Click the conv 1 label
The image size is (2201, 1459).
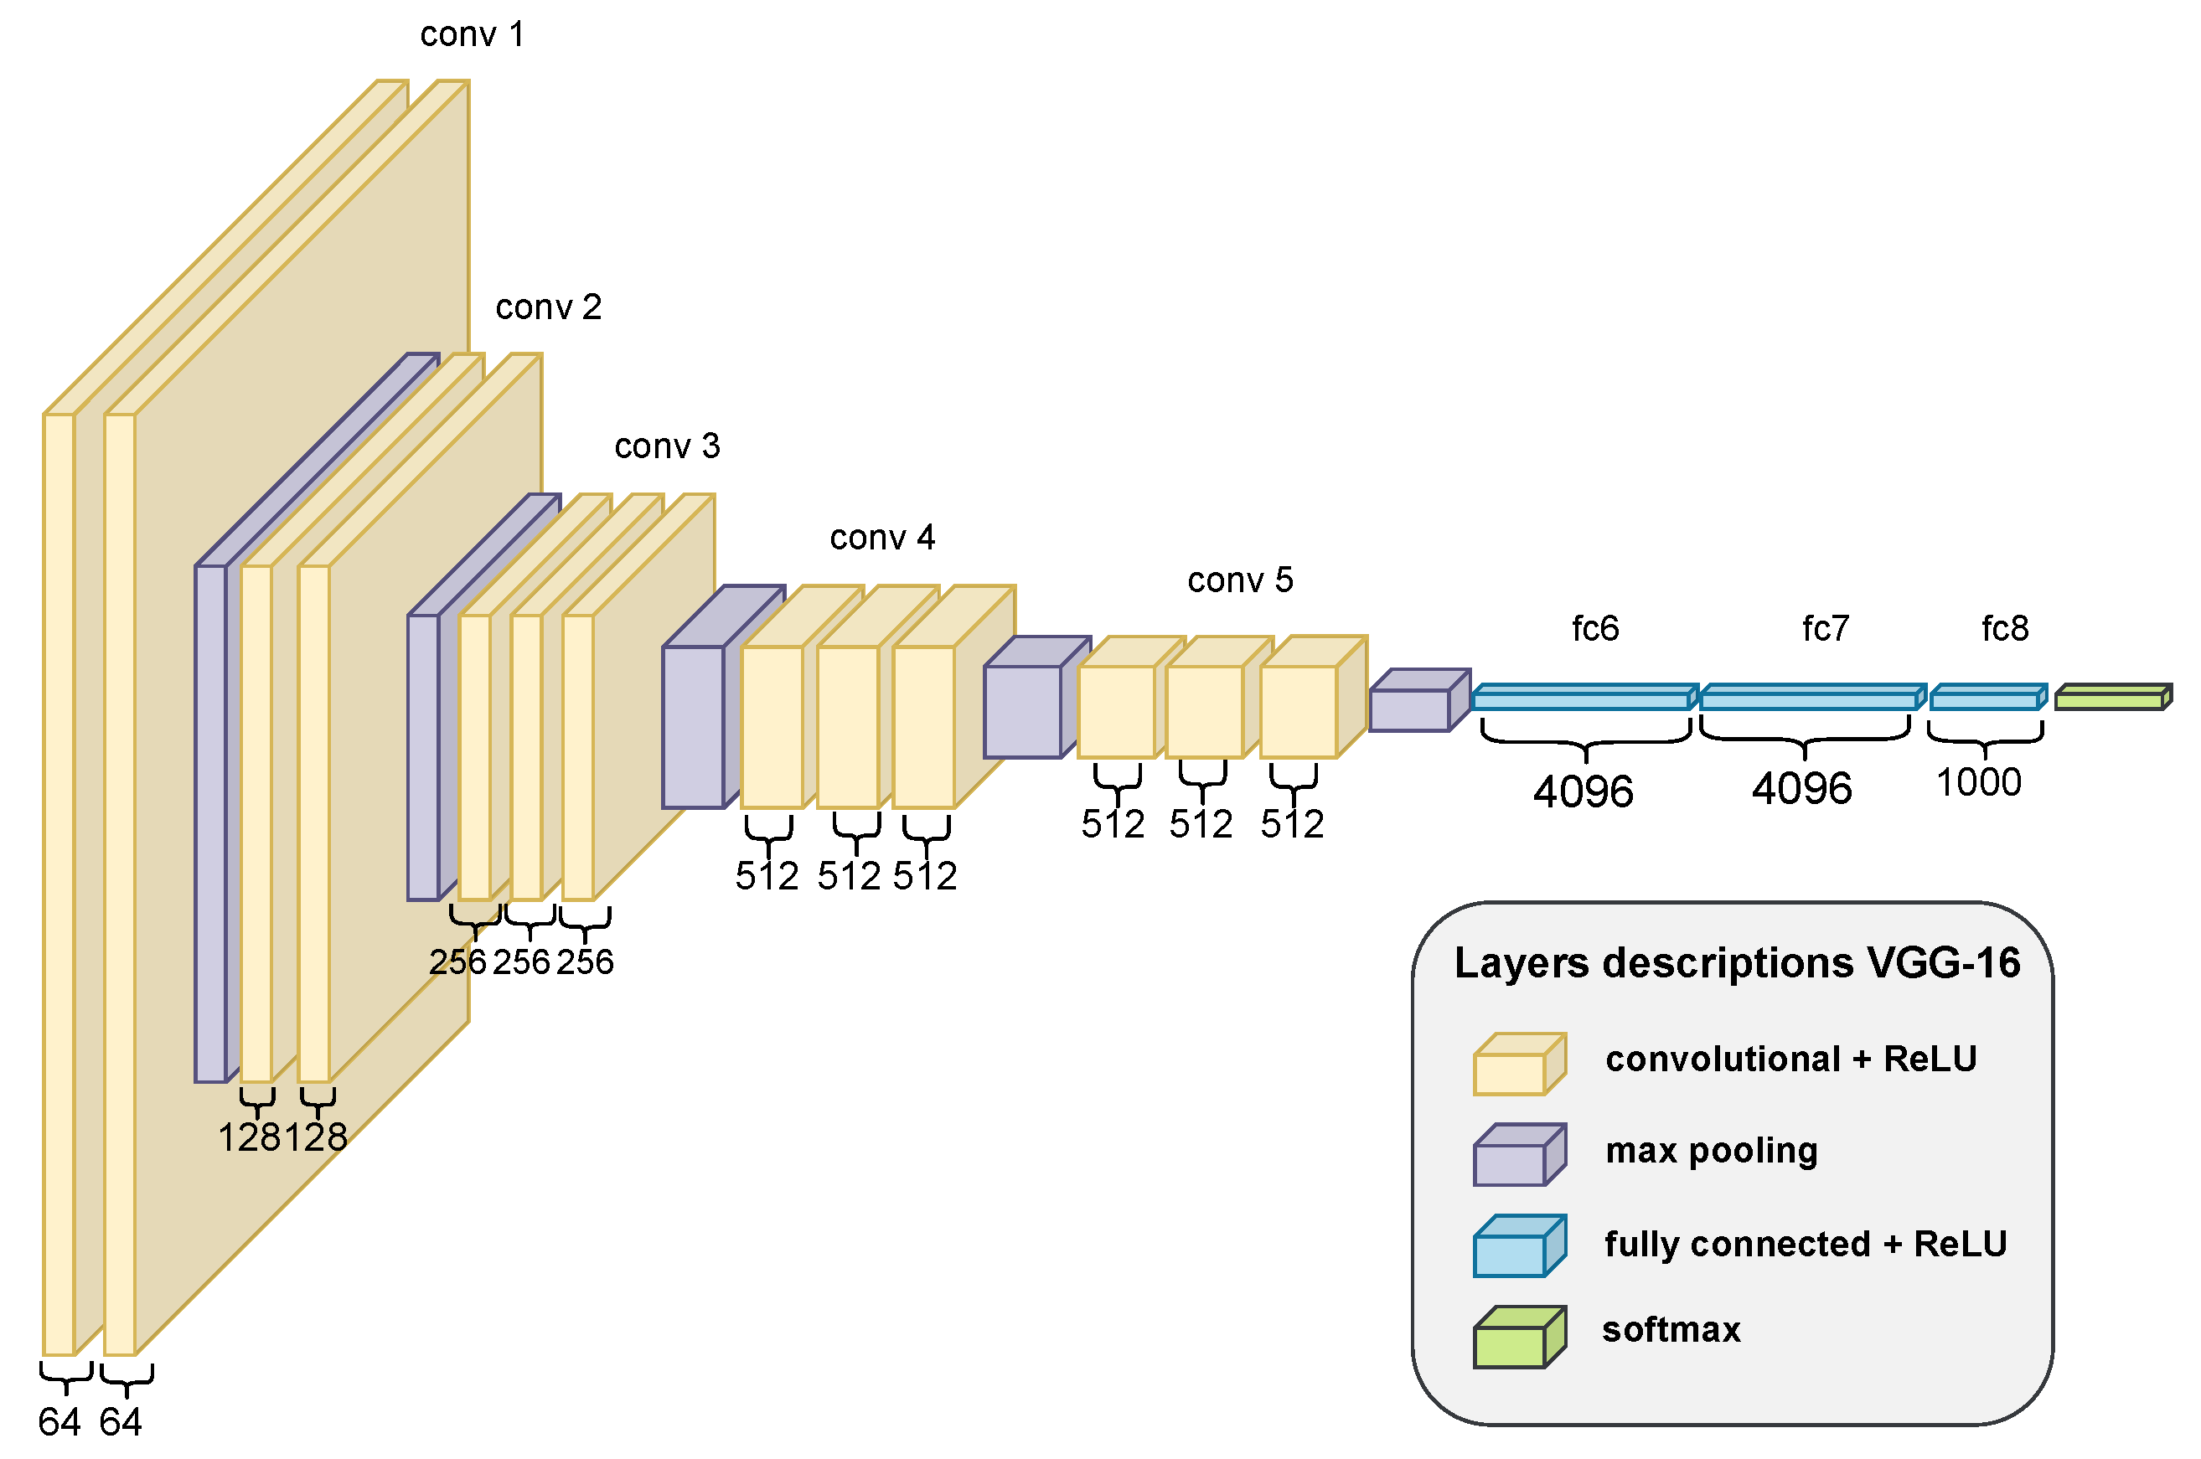click(472, 35)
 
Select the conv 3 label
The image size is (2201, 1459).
click(666, 446)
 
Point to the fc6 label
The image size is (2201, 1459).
click(1594, 629)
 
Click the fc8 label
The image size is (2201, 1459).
click(2004, 629)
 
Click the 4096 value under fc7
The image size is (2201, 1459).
click(1801, 789)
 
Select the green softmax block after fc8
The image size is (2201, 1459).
click(2111, 698)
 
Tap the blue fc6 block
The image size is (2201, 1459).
click(1582, 698)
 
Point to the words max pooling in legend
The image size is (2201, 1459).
click(1711, 1151)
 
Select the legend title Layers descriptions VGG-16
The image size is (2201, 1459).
click(1737, 963)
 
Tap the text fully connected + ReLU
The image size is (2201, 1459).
click(1805, 1244)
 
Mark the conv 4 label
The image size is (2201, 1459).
click(881, 538)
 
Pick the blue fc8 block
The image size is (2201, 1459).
click(1986, 698)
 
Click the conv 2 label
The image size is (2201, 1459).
click(548, 308)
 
